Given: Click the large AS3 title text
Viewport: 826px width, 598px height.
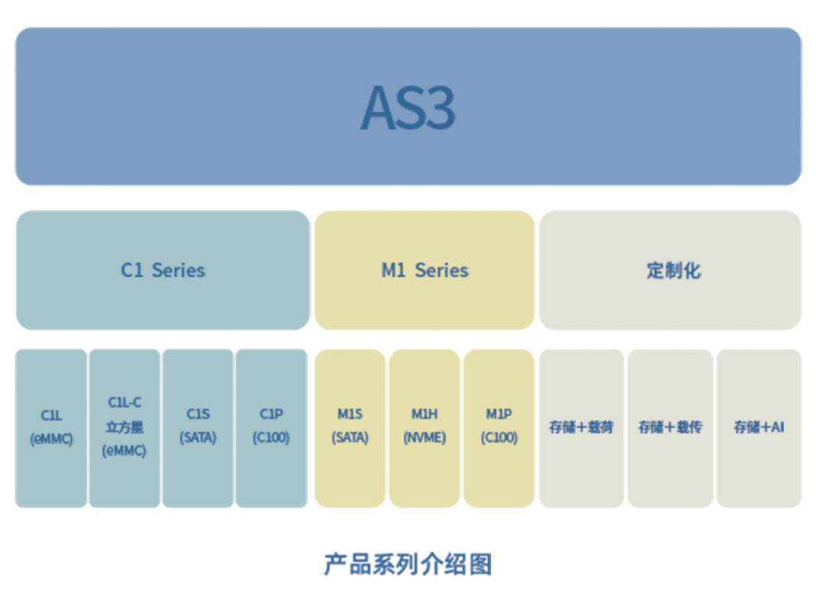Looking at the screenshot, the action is tap(408, 108).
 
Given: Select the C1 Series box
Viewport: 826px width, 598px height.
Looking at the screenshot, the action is tap(163, 270).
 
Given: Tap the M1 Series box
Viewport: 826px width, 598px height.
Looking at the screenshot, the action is tap(424, 270).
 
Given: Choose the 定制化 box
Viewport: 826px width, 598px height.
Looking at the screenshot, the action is tap(670, 270).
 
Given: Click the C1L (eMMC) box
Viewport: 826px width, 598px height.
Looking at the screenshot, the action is tap(51, 427).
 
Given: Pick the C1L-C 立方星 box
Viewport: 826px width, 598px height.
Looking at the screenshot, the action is tap(125, 427).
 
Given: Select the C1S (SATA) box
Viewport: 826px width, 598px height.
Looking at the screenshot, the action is tap(198, 427).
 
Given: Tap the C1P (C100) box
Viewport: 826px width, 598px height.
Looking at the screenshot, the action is tap(272, 427).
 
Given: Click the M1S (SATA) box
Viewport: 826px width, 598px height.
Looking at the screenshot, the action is tap(350, 427).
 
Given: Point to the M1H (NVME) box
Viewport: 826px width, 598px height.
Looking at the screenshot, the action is tap(424, 427).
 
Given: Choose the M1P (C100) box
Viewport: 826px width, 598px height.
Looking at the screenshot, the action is tap(499, 427).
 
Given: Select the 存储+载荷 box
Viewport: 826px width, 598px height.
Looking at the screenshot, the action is tap(581, 427).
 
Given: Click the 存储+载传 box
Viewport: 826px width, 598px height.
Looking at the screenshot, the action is tap(670, 427).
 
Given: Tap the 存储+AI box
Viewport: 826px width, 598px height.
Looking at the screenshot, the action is tap(759, 427).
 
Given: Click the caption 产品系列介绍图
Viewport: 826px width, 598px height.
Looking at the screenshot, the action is tap(408, 564).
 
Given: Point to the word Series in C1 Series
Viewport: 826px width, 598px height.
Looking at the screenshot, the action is tap(178, 270).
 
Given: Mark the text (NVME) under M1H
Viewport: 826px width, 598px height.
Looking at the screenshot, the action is tap(424, 437).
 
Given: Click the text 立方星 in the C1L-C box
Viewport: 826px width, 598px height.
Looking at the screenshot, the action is tap(125, 427).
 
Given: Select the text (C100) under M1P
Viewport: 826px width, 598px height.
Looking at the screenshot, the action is tap(499, 437).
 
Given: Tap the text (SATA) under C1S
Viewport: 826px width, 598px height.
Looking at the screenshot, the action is tap(198, 437).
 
